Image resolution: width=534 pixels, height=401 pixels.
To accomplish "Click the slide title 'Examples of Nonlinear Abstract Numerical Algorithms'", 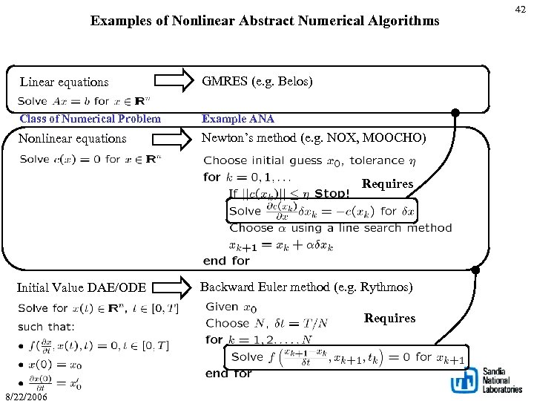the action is [x=265, y=21].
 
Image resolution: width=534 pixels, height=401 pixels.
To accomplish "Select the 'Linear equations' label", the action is [x=64, y=82].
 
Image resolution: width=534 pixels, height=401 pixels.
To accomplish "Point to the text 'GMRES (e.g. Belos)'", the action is [x=257, y=81].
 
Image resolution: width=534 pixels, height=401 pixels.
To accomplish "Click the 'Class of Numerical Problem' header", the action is [x=90, y=119].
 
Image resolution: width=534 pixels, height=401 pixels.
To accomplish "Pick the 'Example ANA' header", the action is [x=238, y=119].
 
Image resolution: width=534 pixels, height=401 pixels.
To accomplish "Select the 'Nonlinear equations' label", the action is [x=72, y=138].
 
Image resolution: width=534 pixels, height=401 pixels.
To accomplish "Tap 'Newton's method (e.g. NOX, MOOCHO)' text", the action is [x=314, y=137].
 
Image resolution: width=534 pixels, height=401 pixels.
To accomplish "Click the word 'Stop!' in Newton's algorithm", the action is [x=332, y=193].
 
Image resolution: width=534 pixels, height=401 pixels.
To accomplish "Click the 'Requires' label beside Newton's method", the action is [x=387, y=183].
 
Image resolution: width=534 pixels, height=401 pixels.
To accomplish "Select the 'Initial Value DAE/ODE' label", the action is [x=82, y=287].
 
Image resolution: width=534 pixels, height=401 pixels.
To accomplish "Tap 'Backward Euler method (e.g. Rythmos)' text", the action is [x=306, y=287].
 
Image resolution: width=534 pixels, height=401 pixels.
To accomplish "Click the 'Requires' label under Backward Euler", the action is [x=389, y=319].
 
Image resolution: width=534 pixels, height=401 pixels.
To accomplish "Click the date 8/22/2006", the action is [x=26, y=396].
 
